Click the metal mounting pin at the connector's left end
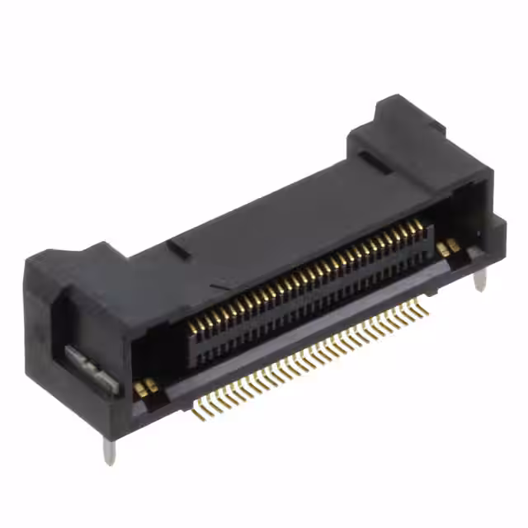click(x=109, y=449)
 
